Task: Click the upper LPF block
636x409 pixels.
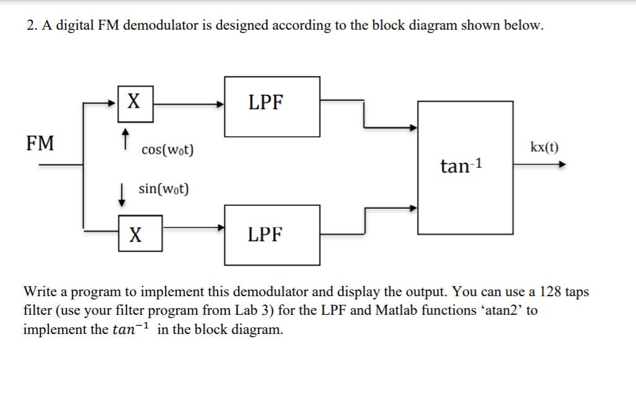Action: (x=272, y=107)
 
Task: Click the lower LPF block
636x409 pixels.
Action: (x=272, y=234)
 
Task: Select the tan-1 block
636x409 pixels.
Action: (x=465, y=166)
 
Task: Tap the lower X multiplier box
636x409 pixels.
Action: (x=140, y=234)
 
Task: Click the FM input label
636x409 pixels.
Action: (x=40, y=144)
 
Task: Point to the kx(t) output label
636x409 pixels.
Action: (x=544, y=147)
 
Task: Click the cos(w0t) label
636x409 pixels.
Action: (x=167, y=150)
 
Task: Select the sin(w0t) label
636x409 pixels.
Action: (x=164, y=188)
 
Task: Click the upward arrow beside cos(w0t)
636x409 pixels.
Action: (x=125, y=139)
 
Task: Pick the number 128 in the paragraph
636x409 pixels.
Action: (x=551, y=292)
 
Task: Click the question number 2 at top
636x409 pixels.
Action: (x=31, y=25)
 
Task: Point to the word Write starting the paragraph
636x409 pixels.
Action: (x=40, y=292)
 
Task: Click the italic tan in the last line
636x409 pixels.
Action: (x=124, y=329)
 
